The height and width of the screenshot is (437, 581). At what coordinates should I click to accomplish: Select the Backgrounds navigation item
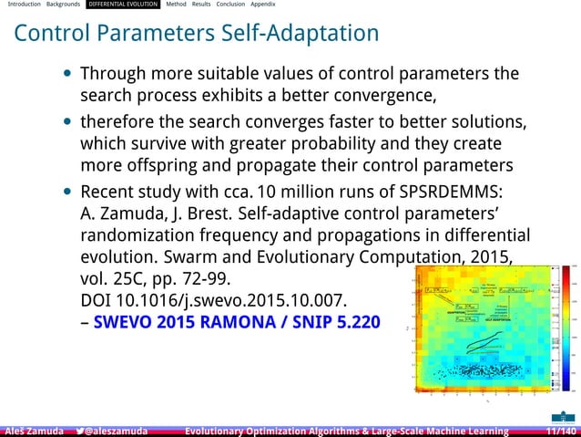(x=63, y=5)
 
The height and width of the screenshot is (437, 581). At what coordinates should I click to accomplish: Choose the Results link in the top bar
(x=201, y=5)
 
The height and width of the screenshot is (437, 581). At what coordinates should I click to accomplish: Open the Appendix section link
(x=263, y=5)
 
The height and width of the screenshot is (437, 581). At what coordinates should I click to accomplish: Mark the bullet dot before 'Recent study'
(x=69, y=193)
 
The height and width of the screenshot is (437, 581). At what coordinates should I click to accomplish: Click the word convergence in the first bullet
(x=383, y=95)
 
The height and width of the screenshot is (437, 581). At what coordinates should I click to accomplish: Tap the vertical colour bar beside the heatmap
(x=573, y=324)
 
